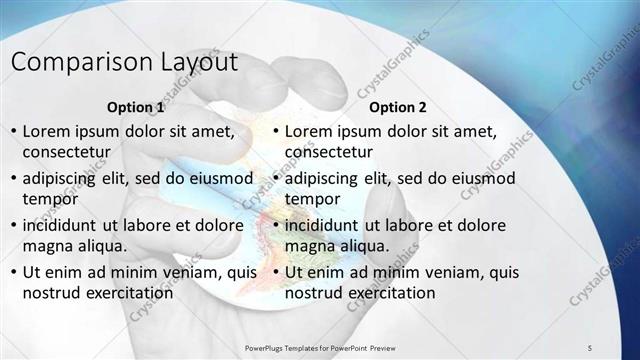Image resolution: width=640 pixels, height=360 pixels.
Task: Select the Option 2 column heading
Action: tap(397, 107)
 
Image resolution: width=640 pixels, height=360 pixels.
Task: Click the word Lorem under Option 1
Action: tap(46, 131)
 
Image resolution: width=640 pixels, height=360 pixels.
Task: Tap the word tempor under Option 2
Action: tap(313, 198)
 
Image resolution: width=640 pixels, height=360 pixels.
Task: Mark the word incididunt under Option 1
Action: tap(64, 224)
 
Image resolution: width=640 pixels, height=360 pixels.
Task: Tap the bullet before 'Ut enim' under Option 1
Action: tap(13, 272)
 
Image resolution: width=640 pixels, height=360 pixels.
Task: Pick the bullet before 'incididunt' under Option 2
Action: tap(276, 225)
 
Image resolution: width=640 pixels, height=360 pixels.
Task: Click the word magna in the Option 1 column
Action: tap(46, 245)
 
